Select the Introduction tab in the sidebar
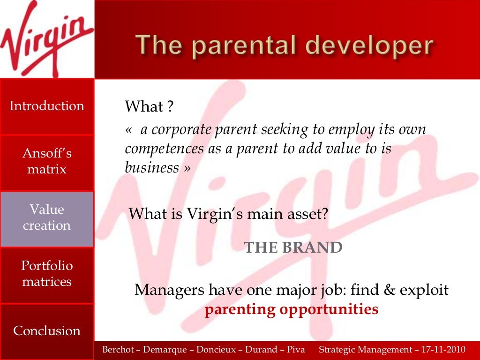(x=47, y=106)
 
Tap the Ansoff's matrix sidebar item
(x=47, y=161)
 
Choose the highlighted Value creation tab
(x=47, y=217)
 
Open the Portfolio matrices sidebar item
(x=47, y=274)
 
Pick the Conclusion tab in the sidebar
(x=47, y=330)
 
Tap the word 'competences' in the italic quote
(x=157, y=149)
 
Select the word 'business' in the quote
(x=151, y=167)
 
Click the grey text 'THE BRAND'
(x=293, y=247)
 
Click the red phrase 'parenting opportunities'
(x=291, y=310)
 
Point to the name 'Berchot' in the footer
(x=118, y=350)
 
